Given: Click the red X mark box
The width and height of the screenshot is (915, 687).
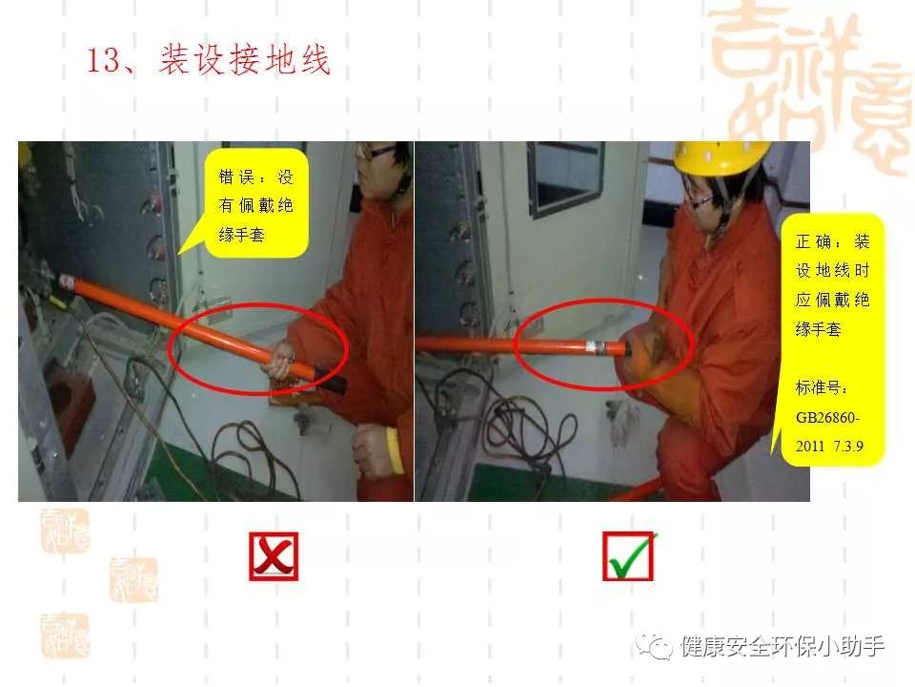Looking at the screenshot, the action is [x=274, y=556].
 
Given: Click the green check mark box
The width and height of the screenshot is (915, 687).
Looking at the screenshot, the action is [x=628, y=556].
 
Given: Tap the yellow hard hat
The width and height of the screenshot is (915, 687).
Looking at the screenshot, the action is [x=721, y=157].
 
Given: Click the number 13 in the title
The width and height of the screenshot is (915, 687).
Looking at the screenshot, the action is [x=103, y=59].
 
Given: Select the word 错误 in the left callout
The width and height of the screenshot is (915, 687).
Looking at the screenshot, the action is [x=234, y=177].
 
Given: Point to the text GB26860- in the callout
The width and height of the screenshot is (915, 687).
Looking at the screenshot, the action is [x=827, y=418].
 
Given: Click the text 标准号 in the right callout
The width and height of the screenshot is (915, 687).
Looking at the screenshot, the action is [x=818, y=387].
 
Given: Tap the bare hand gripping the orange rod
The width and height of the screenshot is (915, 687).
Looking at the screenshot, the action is [x=281, y=361].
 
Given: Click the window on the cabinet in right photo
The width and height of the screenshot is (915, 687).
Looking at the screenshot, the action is [x=565, y=178].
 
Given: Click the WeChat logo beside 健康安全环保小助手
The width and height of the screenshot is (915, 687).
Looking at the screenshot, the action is [x=654, y=646].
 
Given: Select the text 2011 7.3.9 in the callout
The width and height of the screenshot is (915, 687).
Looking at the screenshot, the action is [x=828, y=447].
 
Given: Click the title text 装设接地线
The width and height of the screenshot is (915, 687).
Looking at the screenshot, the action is [x=245, y=59].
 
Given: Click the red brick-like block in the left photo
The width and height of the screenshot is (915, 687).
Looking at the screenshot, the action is [x=70, y=403].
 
